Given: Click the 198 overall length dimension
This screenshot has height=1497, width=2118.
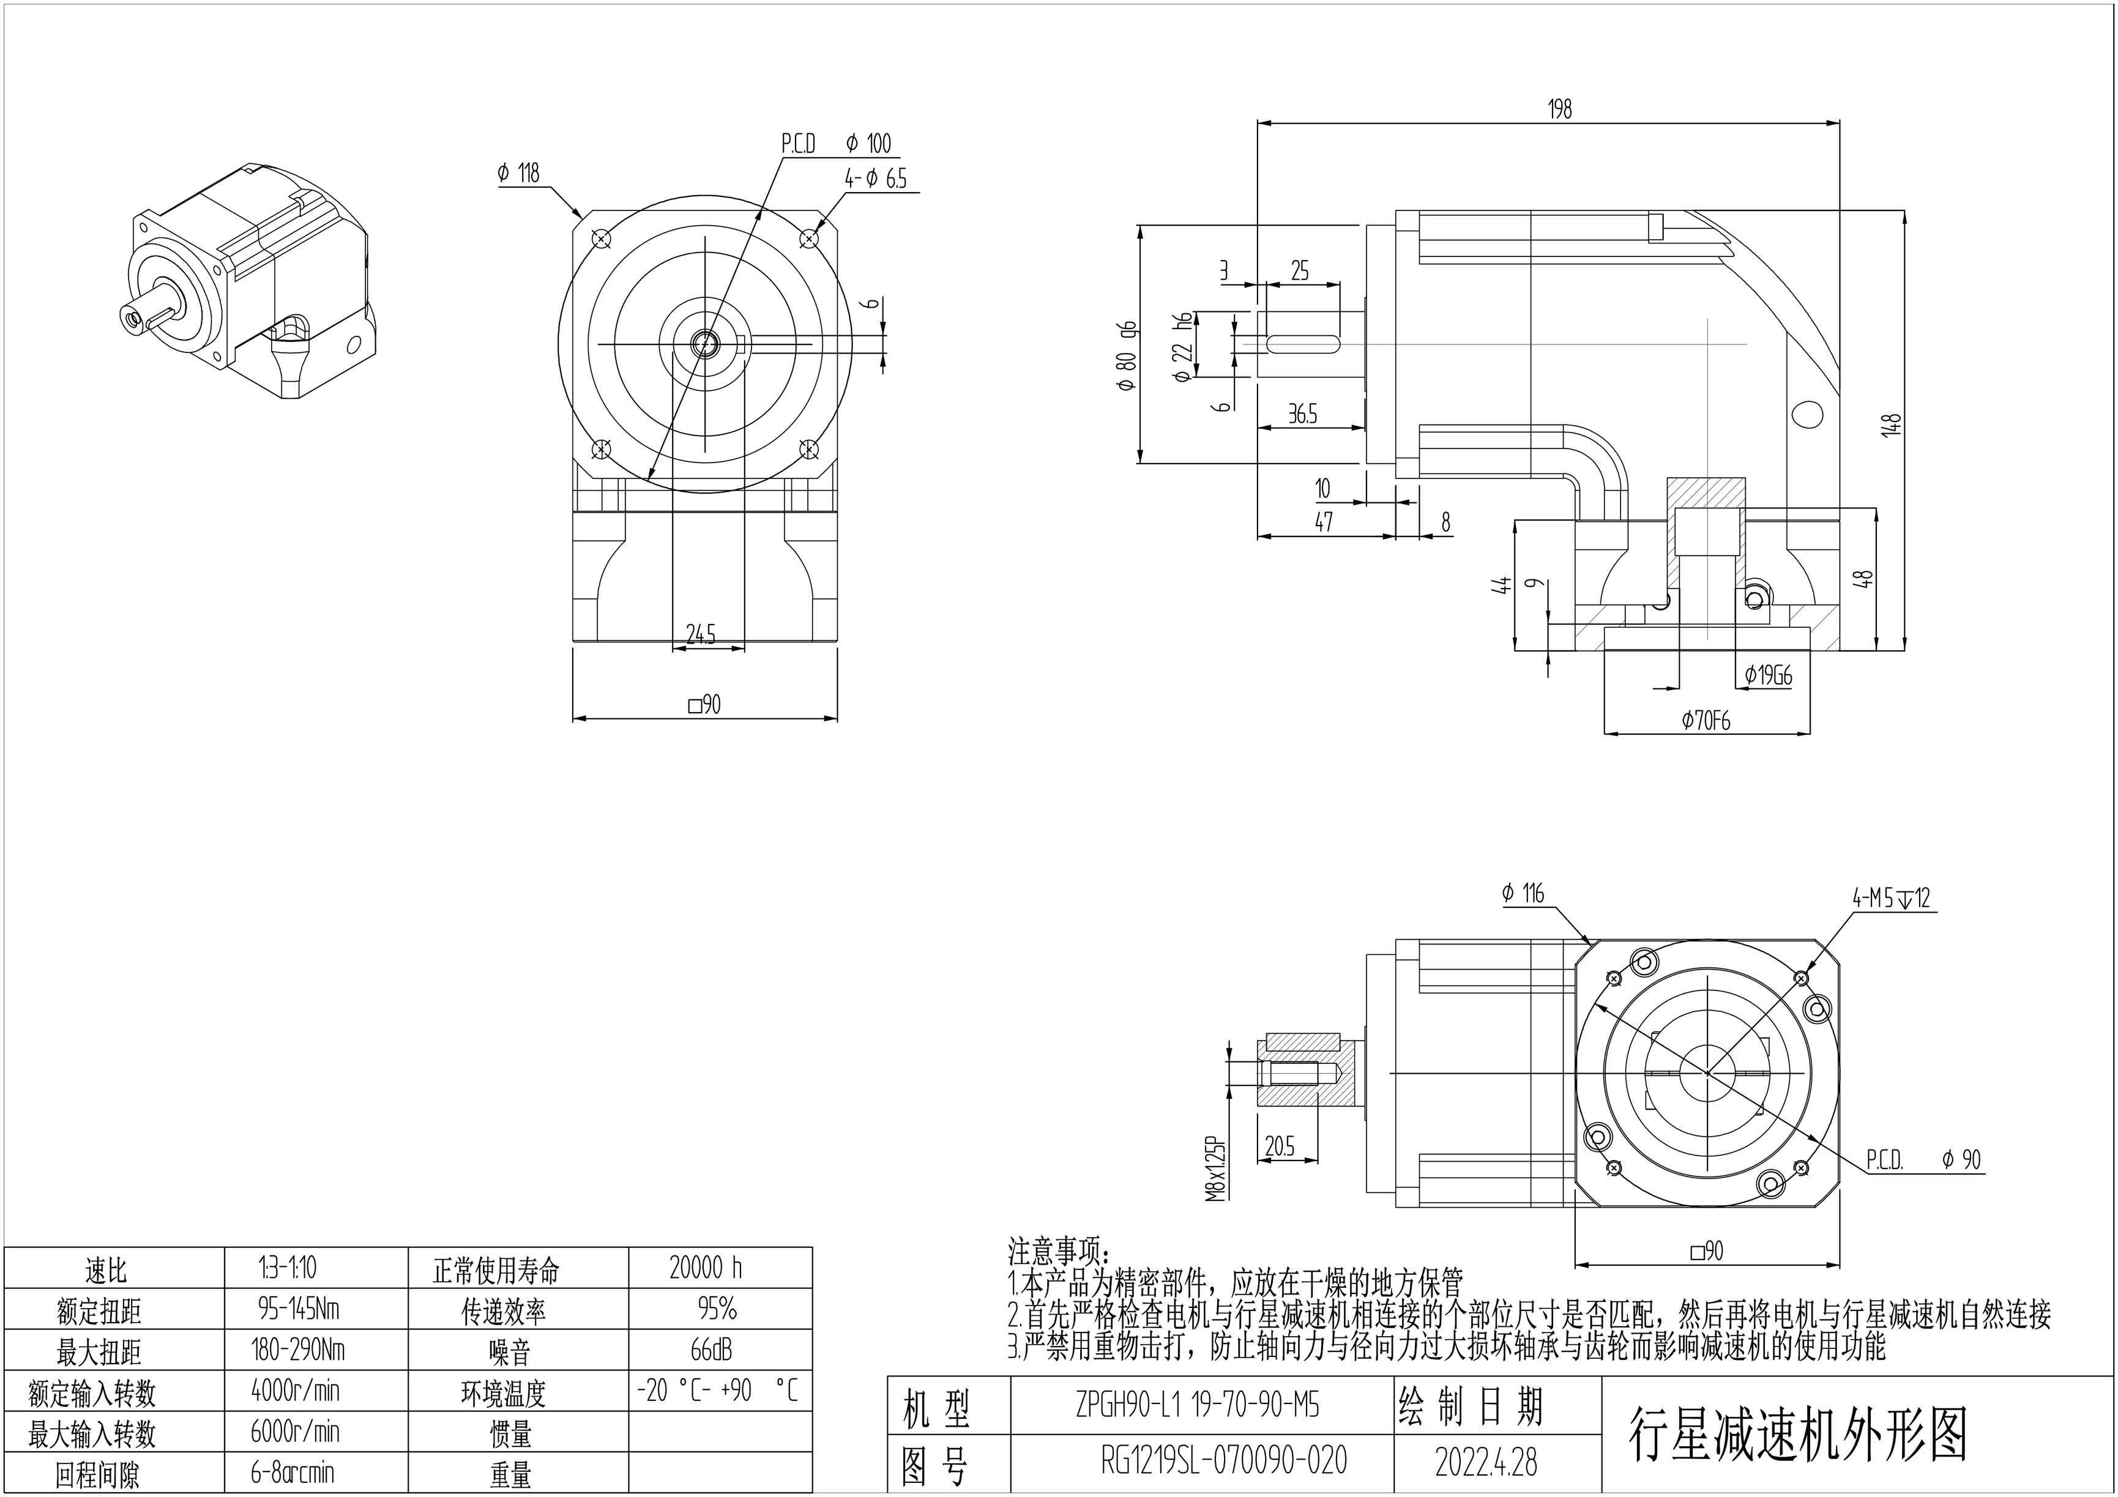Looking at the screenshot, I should tap(1559, 109).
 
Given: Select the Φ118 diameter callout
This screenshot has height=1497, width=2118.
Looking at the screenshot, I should tap(518, 173).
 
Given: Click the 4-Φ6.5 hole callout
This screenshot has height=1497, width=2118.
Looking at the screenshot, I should tap(876, 179).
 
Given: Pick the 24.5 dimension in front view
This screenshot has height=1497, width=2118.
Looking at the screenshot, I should tap(701, 634).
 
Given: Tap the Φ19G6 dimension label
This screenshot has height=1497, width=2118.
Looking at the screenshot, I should tap(1769, 676).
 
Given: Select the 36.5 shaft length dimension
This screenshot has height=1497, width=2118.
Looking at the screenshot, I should tap(1302, 414).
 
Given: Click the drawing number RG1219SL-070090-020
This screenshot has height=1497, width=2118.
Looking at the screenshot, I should tap(1224, 1460).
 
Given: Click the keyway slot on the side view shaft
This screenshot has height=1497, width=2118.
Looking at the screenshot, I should tap(1303, 344).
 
